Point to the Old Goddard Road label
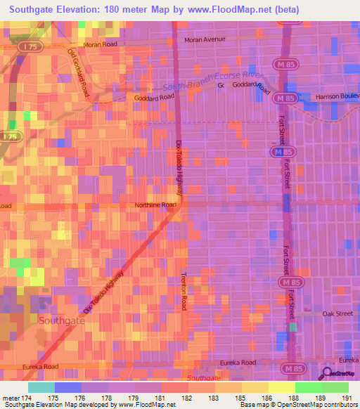pos(79,72)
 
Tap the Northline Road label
pos(155,205)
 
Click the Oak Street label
pos(337,313)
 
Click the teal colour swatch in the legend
pos(41,387)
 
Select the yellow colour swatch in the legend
pos(281,387)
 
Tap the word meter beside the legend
pos(11,397)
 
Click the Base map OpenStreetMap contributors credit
pos(299,405)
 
